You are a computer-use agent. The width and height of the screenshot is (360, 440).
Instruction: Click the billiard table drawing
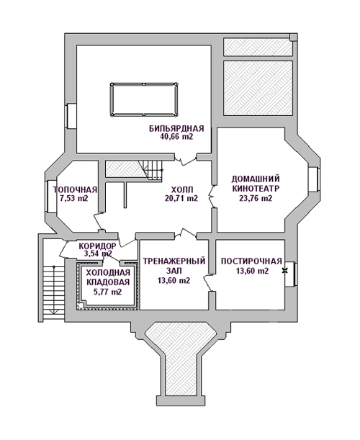point(144,99)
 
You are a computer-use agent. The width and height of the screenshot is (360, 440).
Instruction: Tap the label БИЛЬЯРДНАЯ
point(176,129)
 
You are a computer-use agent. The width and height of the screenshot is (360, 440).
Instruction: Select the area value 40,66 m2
point(176,137)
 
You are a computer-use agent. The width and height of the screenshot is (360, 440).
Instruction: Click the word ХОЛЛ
point(182,190)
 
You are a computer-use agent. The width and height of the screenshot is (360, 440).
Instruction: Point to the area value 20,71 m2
point(182,198)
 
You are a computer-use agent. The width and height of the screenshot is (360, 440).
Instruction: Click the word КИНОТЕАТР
point(256,188)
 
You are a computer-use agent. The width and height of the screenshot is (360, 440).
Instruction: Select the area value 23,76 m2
point(256,198)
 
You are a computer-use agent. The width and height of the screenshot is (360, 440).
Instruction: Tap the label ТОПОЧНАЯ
point(75,190)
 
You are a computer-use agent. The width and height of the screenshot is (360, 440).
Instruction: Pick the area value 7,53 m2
point(74,198)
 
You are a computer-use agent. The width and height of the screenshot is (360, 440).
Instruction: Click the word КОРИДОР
point(97,246)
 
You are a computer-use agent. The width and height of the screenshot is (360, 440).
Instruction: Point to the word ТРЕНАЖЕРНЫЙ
point(174,261)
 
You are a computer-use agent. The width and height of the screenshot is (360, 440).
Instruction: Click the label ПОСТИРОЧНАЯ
point(251,261)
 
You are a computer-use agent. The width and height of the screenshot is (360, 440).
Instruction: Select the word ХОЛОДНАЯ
point(108,272)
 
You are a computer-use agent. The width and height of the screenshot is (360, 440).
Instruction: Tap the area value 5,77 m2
point(108,292)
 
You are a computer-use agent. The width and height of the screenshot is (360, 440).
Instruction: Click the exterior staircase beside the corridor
point(53,292)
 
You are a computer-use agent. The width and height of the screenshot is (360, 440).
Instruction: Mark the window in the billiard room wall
point(71,116)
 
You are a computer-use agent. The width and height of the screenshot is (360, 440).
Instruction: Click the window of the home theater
point(313,179)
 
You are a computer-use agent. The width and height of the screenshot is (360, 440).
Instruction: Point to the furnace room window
point(51,196)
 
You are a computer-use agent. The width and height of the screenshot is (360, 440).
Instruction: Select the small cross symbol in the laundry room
point(285,270)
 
